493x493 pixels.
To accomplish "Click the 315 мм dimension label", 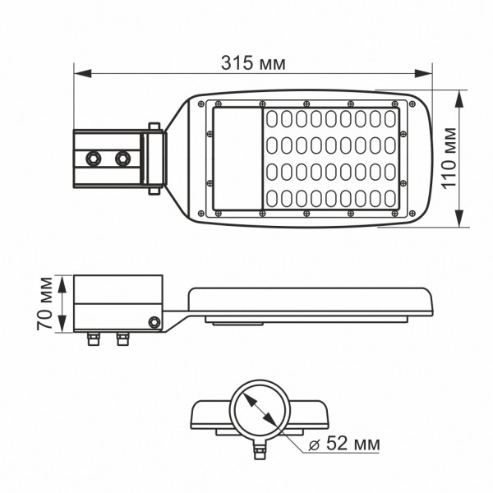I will click(256, 62).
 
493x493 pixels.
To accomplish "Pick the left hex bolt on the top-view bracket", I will click(93, 156).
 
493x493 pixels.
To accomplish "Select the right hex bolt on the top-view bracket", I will click(122, 156).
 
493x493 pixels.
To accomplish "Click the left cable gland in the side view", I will click(94, 337).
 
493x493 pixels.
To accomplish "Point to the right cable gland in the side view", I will click(122, 337).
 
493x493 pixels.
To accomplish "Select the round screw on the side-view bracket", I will click(153, 322).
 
